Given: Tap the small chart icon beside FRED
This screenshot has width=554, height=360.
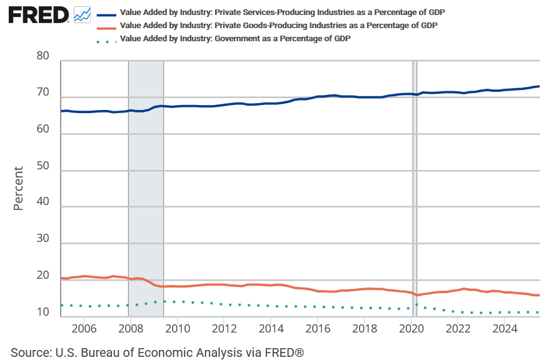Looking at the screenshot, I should [x=82, y=14].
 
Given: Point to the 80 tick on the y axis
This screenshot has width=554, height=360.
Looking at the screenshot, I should [x=43, y=56].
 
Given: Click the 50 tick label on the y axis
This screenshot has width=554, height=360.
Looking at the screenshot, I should [x=43, y=171].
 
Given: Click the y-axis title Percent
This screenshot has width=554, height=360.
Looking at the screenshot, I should [x=18, y=188].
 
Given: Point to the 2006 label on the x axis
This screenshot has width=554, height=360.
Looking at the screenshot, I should [x=84, y=328].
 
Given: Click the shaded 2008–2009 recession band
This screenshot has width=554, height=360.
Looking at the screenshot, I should [x=146, y=187].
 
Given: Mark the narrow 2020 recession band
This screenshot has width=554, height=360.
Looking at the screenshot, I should [x=415, y=187].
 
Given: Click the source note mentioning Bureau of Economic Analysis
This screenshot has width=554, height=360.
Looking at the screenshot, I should [x=157, y=352].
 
